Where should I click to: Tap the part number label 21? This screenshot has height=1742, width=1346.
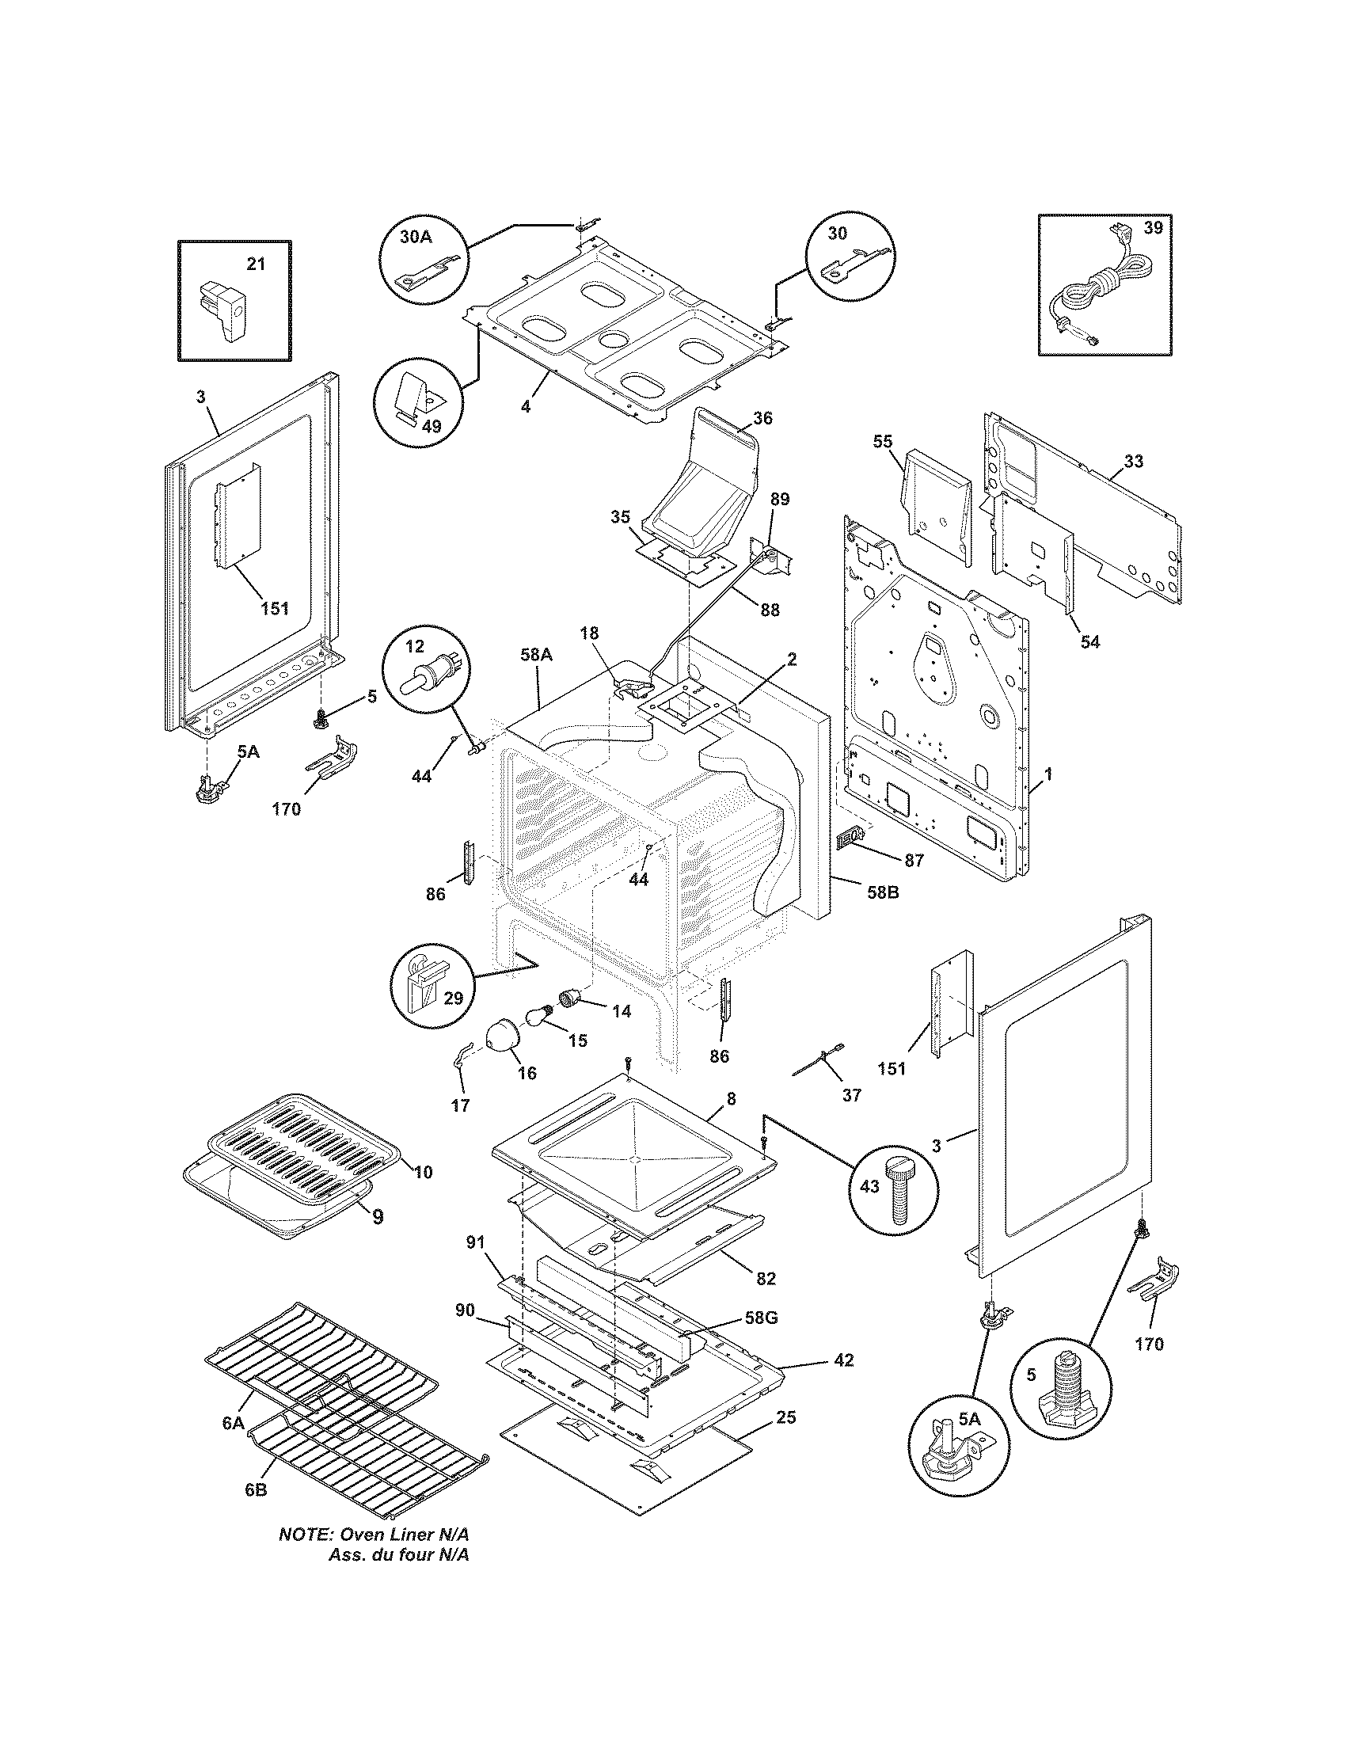click(x=255, y=264)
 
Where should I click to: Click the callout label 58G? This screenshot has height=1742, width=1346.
click(x=761, y=1318)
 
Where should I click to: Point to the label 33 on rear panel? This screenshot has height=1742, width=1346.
click(x=1133, y=461)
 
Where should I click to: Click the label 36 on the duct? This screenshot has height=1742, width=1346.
click(x=762, y=417)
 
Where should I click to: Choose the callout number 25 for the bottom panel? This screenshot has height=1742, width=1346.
click(x=785, y=1417)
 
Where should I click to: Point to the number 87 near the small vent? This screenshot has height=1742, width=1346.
click(x=913, y=861)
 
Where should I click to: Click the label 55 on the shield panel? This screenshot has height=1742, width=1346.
click(x=883, y=441)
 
